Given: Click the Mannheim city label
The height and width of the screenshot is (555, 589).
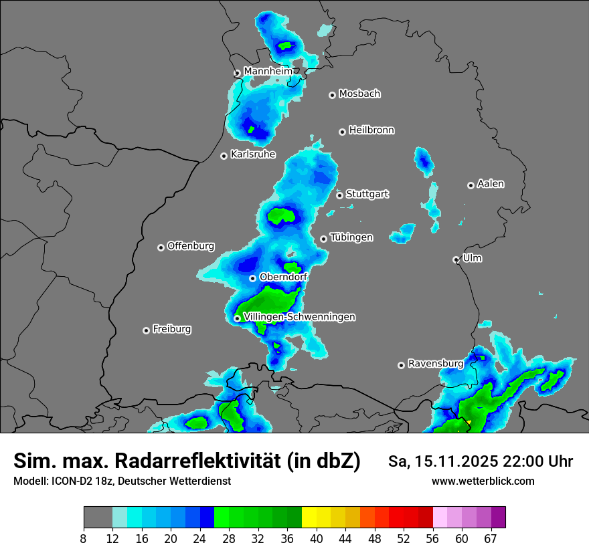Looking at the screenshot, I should [268, 71].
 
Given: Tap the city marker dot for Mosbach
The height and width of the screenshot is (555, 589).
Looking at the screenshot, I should [332, 95].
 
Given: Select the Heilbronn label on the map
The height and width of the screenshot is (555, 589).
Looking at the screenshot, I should [371, 130].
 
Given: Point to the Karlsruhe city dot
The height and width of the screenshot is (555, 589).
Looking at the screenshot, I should [224, 156].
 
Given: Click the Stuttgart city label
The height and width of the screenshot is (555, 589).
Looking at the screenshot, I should [367, 194].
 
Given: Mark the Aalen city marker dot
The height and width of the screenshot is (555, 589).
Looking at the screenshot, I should [471, 185].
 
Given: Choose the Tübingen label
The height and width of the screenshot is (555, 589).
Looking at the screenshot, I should [351, 237].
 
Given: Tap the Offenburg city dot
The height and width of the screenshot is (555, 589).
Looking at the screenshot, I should [161, 247].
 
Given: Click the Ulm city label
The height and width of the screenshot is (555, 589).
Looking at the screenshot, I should [472, 258].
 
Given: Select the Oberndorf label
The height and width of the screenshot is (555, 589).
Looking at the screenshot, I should [283, 277].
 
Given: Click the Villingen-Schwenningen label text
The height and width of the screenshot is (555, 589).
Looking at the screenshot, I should [299, 317].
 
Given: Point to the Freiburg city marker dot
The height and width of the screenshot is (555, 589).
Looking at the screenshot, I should [146, 330].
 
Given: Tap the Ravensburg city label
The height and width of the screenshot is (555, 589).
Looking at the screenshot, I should [435, 364].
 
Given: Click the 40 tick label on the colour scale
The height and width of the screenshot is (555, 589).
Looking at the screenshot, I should [317, 538].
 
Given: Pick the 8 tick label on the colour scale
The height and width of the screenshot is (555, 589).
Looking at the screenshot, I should [84, 538].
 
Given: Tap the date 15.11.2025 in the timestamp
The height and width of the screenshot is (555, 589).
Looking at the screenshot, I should [453, 461].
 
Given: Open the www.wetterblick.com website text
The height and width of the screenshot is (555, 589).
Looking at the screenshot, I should [483, 481].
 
